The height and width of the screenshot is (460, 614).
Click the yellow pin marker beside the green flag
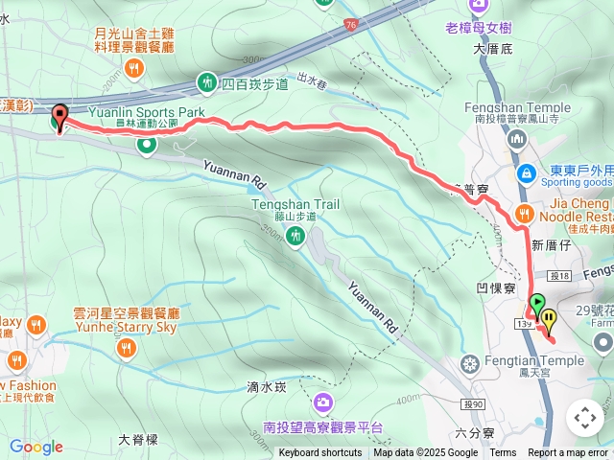point(549,319)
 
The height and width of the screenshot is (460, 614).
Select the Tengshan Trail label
point(295,204)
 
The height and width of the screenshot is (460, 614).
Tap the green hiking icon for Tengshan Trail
point(295,237)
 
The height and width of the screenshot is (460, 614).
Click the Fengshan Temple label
point(516,108)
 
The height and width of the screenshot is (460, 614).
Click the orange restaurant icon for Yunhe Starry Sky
point(126,349)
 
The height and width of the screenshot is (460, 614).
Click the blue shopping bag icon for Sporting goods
point(526,173)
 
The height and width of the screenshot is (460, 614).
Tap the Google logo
point(35,447)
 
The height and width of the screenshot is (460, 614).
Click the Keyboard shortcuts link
point(320,453)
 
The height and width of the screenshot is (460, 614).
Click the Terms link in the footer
point(503,453)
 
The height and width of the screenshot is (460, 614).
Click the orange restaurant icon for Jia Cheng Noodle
point(524,213)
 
